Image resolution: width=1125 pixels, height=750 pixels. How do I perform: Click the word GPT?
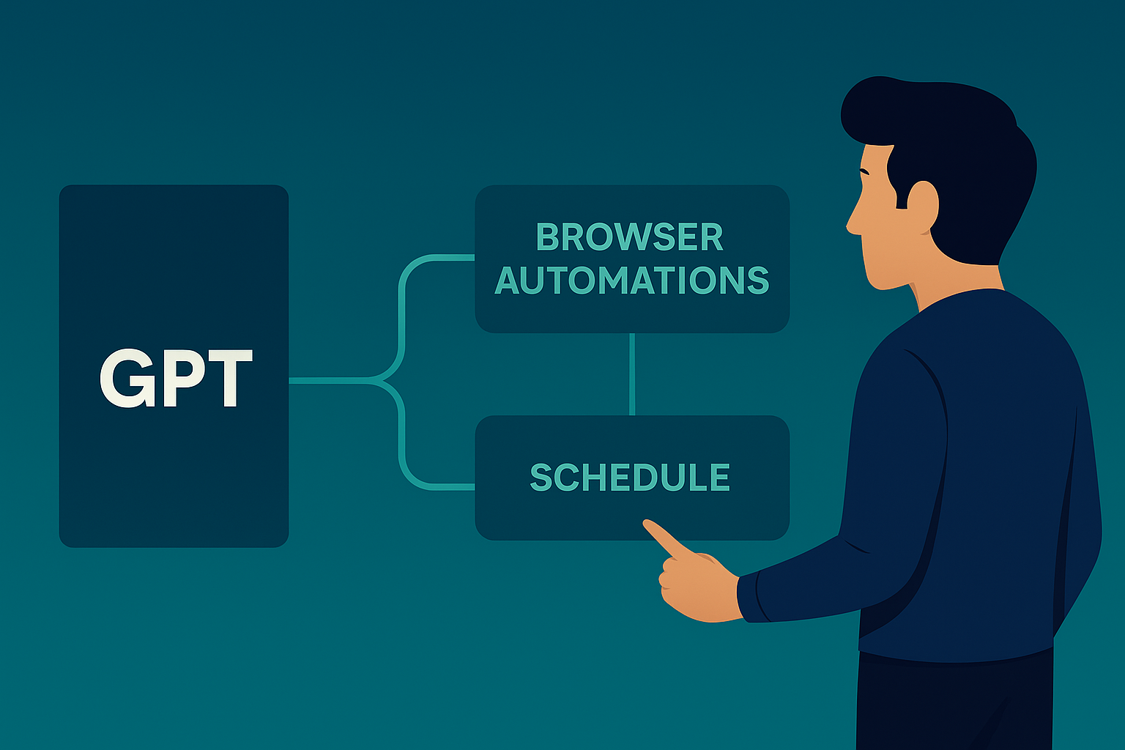[177, 378]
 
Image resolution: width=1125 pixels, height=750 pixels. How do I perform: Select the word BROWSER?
[630, 237]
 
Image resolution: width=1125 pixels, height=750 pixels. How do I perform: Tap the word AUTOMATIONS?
[632, 280]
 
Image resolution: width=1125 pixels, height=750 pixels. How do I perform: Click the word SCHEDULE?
[630, 477]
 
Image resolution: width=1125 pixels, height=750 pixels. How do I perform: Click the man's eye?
[864, 172]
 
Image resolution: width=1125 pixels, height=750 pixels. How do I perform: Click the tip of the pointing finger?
[645, 522]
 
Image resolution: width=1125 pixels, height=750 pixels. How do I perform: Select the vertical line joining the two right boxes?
[632, 374]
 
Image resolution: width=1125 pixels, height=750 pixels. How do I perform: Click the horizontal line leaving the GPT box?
[329, 380]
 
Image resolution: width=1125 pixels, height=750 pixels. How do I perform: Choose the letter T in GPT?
[229, 378]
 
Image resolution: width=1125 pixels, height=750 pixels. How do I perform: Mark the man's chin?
[881, 284]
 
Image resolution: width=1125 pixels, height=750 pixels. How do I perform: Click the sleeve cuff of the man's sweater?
[749, 598]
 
